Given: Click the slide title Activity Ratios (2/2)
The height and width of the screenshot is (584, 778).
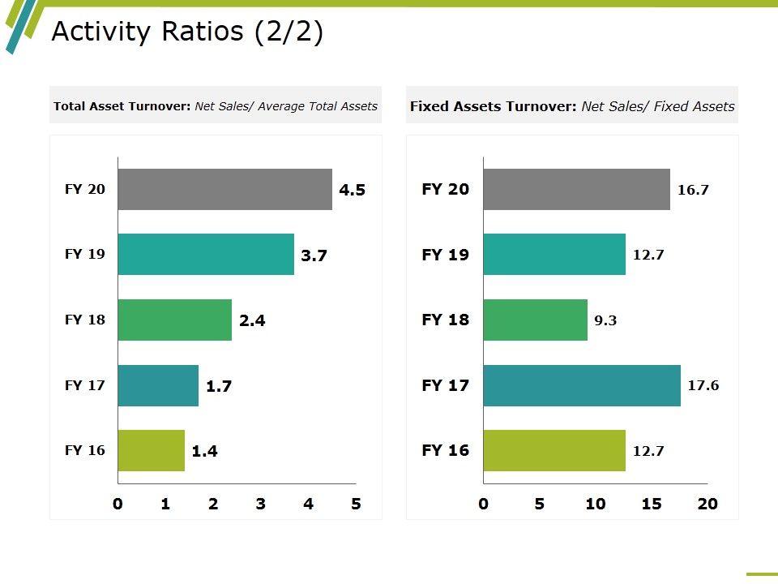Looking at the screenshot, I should pyautogui.click(x=187, y=32).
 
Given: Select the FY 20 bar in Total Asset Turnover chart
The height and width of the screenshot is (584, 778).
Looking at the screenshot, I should pyautogui.click(x=224, y=190).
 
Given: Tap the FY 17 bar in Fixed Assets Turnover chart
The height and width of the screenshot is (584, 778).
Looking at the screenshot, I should pyautogui.click(x=582, y=385).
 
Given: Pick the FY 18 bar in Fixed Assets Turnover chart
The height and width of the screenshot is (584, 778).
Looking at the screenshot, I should pyautogui.click(x=535, y=320).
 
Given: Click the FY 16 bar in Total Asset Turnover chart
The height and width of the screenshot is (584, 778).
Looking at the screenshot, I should pyautogui.click(x=151, y=450).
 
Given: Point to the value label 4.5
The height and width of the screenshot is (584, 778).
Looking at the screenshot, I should pyautogui.click(x=353, y=191).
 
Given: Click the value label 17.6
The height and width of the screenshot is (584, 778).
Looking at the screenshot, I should pyautogui.click(x=703, y=385).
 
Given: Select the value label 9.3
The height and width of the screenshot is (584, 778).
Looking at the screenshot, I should pyautogui.click(x=605, y=320).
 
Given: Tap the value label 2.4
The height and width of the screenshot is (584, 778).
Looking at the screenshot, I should pyautogui.click(x=252, y=320).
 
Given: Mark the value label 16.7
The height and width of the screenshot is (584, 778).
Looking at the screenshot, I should pyautogui.click(x=693, y=191).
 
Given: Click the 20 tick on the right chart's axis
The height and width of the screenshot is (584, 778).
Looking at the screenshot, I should pyautogui.click(x=707, y=504).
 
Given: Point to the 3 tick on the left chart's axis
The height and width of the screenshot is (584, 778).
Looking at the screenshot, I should pyautogui.click(x=260, y=504).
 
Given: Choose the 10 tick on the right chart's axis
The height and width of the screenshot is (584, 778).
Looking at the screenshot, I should pyautogui.click(x=596, y=504).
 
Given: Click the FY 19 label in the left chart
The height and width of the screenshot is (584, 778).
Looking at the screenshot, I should pyautogui.click(x=85, y=254).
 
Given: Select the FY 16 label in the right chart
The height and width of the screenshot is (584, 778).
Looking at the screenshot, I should pyautogui.click(x=446, y=450).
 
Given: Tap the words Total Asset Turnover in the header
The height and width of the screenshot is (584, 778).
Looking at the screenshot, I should pyautogui.click(x=122, y=106).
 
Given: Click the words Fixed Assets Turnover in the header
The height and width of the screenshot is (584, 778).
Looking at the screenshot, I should pyautogui.click(x=493, y=106).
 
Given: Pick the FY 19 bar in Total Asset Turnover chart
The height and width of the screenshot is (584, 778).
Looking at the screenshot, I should pyautogui.click(x=206, y=255).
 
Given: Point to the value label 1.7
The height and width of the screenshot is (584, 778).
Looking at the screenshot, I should pyautogui.click(x=219, y=386).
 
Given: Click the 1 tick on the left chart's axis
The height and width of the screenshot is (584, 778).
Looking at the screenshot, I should pyautogui.click(x=165, y=504).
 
